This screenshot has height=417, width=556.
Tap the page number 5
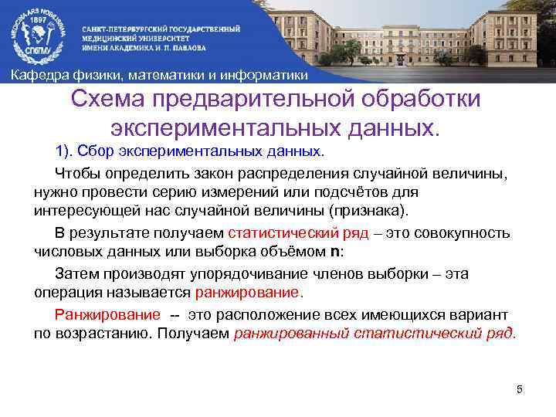(520, 389)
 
